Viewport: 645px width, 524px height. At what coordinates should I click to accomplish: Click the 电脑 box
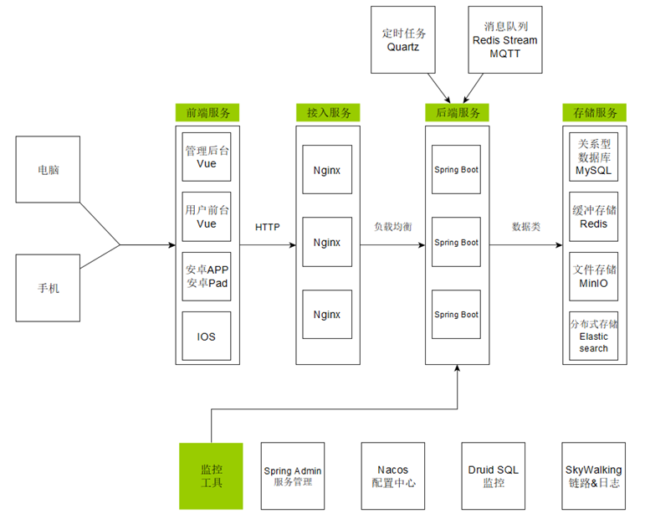point(48,169)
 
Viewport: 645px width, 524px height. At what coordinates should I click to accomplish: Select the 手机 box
point(48,288)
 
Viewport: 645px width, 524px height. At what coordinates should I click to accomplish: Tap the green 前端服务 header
point(207,112)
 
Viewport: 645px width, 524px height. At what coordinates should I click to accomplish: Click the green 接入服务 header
point(328,112)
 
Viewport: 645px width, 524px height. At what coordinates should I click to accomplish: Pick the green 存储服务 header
point(595,112)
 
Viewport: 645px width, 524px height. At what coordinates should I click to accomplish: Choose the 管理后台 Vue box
point(207,157)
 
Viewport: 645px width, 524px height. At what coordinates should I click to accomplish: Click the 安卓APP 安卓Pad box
point(207,276)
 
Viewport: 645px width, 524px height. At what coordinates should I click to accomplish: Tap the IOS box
point(207,336)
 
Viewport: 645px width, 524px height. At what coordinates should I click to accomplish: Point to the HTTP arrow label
point(268,227)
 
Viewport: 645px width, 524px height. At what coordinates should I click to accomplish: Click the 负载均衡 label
point(393,227)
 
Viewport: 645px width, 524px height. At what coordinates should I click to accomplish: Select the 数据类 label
point(526,227)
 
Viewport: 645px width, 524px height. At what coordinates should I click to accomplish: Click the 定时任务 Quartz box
point(403,40)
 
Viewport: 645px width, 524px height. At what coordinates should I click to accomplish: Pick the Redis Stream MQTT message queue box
point(505,40)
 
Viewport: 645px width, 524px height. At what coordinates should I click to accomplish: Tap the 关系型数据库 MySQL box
point(594,157)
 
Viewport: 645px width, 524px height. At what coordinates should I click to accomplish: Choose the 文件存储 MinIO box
point(594,276)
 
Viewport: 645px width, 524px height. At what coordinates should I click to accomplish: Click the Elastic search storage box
point(594,336)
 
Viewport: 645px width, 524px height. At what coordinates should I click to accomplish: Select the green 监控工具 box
point(211,476)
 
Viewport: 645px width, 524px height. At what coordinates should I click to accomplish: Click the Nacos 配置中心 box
point(393,476)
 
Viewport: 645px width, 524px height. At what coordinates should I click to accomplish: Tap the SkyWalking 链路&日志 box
point(594,476)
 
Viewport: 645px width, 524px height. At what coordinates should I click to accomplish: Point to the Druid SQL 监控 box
point(494,476)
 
